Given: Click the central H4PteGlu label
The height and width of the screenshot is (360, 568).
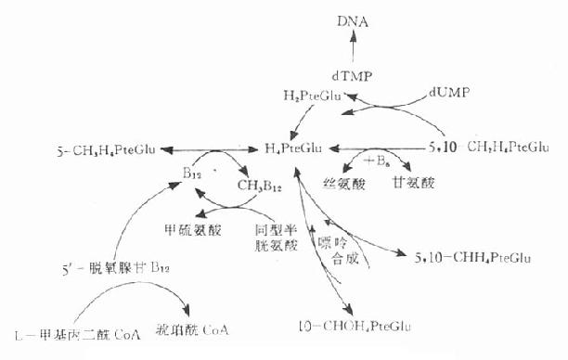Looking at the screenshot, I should (295, 147).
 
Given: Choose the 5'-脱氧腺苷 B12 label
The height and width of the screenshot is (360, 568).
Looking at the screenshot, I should (101, 271).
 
